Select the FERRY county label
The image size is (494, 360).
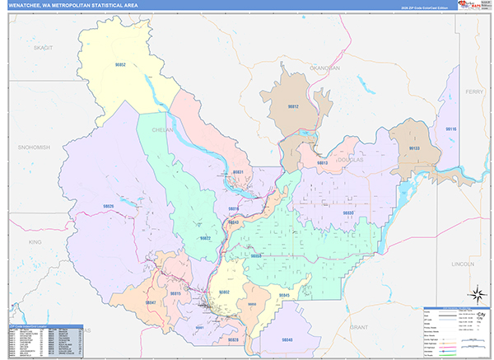coord(474,91)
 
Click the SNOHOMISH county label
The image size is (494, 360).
coord(34,147)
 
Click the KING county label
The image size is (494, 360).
coord(35,242)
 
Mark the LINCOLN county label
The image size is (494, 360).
coord(464,264)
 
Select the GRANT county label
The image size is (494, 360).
coord(358,327)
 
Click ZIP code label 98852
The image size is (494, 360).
coord(120,64)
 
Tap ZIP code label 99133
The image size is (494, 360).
coord(414,148)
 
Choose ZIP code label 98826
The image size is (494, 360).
coord(108,206)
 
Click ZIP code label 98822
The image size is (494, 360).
coord(205,238)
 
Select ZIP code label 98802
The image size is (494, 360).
coord(224,292)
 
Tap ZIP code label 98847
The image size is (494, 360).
coord(151,303)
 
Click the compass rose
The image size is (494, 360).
coord(476,294)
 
